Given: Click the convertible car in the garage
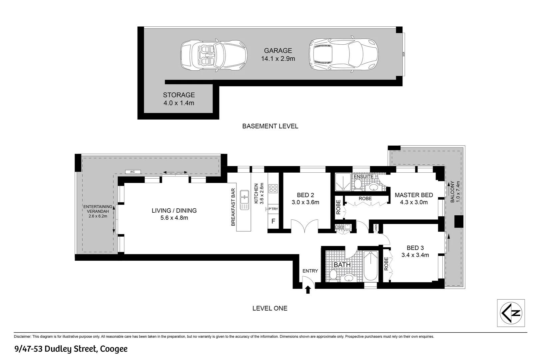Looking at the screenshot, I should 214,55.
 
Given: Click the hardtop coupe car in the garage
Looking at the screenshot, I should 343,55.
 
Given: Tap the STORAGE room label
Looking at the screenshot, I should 179,95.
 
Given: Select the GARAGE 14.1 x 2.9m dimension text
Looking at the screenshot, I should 278,59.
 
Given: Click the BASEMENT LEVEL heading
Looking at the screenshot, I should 270,126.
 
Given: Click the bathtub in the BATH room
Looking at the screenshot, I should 370,266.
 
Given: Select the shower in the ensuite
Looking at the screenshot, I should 343,182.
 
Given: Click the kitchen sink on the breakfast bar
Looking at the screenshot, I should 244,200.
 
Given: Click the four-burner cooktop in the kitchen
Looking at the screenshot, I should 273,188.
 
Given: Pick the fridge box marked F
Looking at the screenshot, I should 273,221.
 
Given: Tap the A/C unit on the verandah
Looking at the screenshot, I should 132,172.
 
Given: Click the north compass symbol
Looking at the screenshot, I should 511,313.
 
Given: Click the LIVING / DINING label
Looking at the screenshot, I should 174,211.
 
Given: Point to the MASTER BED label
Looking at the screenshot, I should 413,195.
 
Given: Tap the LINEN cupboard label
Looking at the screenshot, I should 376,228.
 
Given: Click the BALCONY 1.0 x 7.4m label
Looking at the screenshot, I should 455,192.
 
